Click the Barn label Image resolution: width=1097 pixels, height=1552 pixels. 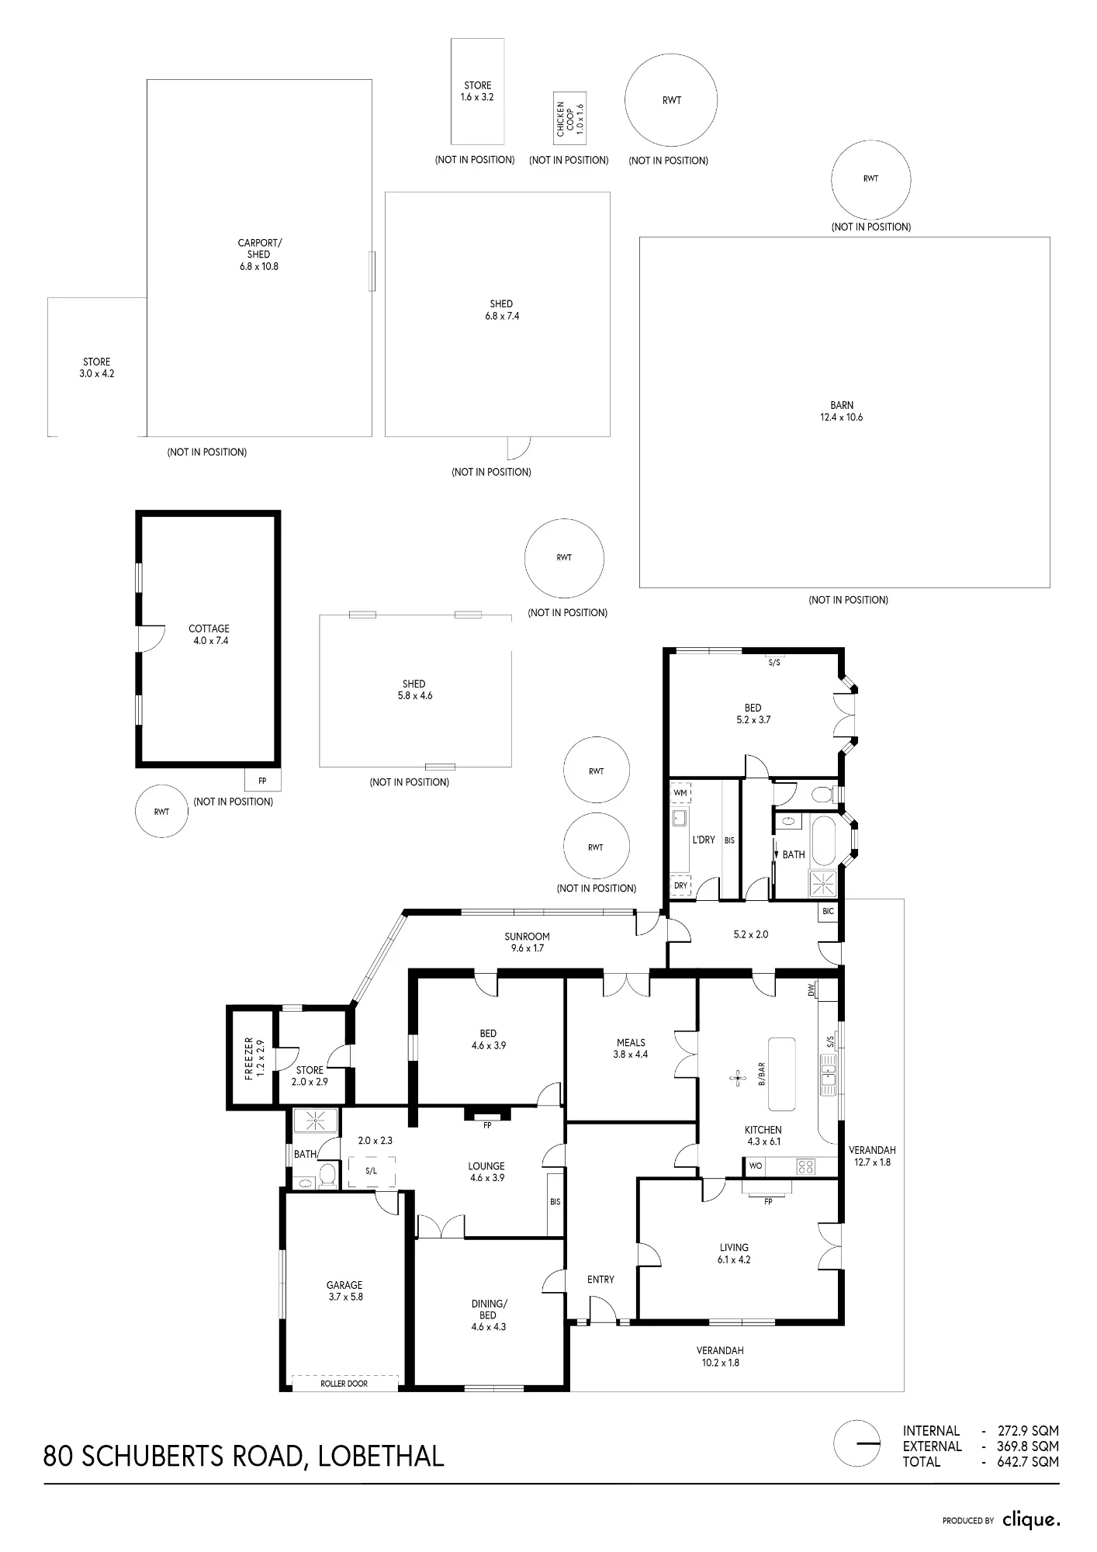(x=842, y=411)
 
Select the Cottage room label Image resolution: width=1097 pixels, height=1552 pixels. (x=209, y=635)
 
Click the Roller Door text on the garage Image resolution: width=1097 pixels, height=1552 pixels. (x=344, y=1384)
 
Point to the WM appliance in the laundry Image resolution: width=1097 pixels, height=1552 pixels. (x=680, y=793)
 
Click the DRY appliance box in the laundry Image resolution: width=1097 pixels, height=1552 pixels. (x=680, y=885)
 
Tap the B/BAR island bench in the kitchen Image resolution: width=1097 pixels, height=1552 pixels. (x=782, y=1073)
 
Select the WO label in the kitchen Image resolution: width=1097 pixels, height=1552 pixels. (x=756, y=1166)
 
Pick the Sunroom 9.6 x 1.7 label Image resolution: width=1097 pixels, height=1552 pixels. (x=527, y=942)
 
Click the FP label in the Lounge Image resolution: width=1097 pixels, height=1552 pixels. (x=487, y=1125)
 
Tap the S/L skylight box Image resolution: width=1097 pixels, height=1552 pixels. (x=372, y=1171)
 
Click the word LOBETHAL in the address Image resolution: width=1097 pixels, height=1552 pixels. (x=381, y=1456)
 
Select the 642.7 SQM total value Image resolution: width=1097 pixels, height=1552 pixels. (x=1028, y=1462)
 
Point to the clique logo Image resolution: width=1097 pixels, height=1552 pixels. (x=1031, y=1519)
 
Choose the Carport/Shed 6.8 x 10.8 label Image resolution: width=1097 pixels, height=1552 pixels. (x=259, y=255)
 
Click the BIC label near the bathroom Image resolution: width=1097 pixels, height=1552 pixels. (x=829, y=911)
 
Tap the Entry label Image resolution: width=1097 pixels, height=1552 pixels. (x=600, y=1280)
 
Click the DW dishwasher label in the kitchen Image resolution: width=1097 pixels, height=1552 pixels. (x=812, y=990)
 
